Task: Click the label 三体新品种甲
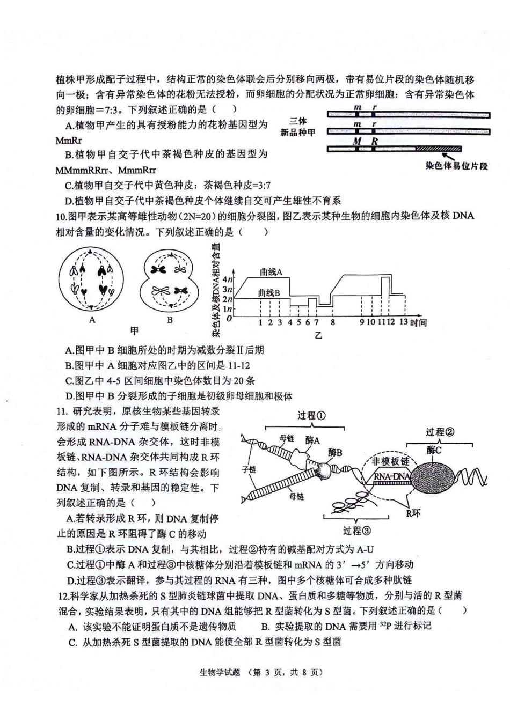[x=297, y=127]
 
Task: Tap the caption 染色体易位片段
[x=456, y=166]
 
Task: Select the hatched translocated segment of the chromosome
[x=438, y=149]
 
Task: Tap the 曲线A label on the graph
[x=271, y=272]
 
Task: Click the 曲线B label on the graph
[x=269, y=293]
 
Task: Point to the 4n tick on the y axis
[x=228, y=279]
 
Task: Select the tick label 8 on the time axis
[x=333, y=322]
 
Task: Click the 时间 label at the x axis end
[x=418, y=322]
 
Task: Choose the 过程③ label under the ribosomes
[x=356, y=530]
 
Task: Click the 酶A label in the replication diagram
[x=312, y=440]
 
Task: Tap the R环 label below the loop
[x=413, y=513]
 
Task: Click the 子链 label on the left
[x=249, y=469]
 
